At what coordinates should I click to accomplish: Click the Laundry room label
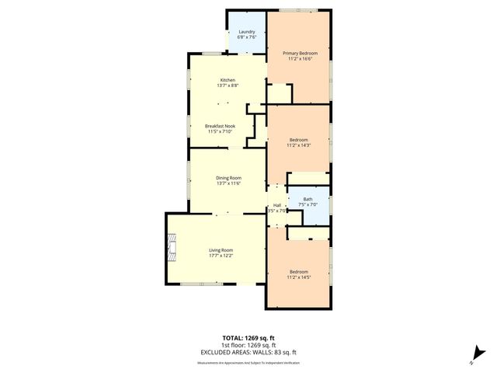pyautogui.click(x=247, y=32)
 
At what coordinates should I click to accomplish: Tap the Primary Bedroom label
pyautogui.click(x=299, y=52)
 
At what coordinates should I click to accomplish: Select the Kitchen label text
pyautogui.click(x=228, y=80)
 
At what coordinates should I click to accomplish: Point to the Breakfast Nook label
pyautogui.click(x=221, y=126)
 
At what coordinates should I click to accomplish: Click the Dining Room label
pyautogui.click(x=228, y=178)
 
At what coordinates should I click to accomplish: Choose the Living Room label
pyautogui.click(x=221, y=249)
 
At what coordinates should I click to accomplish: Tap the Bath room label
pyautogui.click(x=308, y=199)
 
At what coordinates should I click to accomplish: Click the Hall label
pyautogui.click(x=276, y=205)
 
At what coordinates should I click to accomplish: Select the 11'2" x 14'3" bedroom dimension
pyautogui.click(x=299, y=145)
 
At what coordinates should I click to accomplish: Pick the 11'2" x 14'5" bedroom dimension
pyautogui.click(x=299, y=277)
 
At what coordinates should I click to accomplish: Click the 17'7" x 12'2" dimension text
pyautogui.click(x=221, y=256)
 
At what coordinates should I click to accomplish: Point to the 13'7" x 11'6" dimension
pyautogui.click(x=228, y=183)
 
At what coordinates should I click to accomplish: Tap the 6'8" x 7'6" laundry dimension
pyautogui.click(x=247, y=37)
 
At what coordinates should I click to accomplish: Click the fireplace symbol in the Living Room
pyautogui.click(x=172, y=249)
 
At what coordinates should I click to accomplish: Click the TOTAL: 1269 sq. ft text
pyautogui.click(x=248, y=339)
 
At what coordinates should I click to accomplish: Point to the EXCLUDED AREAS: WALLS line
pyautogui.click(x=248, y=351)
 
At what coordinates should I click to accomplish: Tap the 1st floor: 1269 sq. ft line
pyautogui.click(x=248, y=345)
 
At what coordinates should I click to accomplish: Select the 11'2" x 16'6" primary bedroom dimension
pyautogui.click(x=299, y=58)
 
